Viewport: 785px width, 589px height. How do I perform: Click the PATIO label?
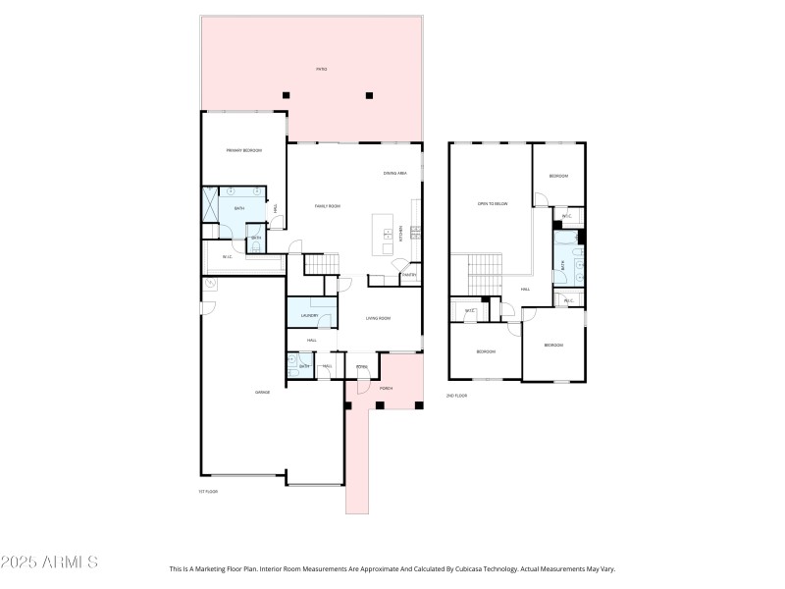(321, 69)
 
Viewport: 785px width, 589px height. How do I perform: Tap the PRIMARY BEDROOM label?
(244, 150)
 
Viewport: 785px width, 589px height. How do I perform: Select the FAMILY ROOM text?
(327, 206)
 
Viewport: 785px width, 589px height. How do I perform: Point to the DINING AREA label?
(395, 174)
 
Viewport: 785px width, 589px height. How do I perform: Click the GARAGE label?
(262, 392)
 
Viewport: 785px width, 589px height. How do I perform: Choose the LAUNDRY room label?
(310, 315)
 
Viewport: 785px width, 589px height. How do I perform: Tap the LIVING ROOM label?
(379, 318)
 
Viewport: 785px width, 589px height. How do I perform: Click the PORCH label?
(387, 388)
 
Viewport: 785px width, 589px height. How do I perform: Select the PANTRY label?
(409, 275)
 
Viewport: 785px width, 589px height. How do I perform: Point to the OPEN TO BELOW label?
(492, 203)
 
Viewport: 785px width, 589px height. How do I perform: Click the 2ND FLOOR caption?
(457, 395)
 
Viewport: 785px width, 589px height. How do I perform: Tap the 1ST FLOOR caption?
(208, 491)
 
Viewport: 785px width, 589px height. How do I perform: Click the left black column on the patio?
(287, 95)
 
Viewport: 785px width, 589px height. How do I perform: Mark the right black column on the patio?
(369, 95)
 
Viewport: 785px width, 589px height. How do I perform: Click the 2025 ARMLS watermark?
(49, 562)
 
